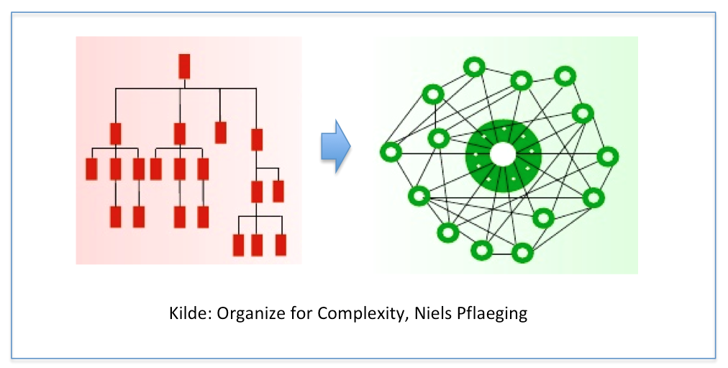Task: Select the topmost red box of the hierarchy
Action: [184, 66]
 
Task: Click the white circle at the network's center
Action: [503, 154]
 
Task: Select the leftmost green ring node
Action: [391, 152]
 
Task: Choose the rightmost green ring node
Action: [607, 156]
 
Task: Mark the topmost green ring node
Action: [473, 68]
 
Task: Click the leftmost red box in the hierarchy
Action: [91, 169]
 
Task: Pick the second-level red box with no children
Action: [221, 133]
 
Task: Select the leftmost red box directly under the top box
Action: [115, 134]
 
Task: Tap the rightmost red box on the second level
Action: [256, 139]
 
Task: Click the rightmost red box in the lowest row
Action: [281, 245]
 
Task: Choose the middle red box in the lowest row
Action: [257, 245]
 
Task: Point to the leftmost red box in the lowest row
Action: [239, 245]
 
